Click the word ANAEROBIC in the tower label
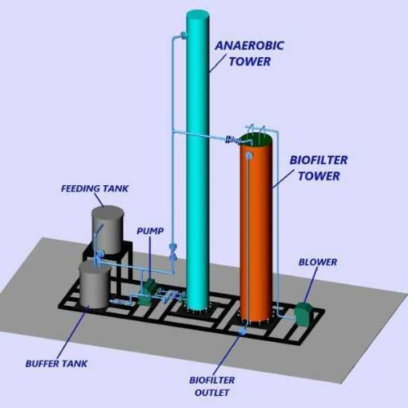click(250, 46)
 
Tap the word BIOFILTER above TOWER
click(318, 160)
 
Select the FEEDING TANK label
click(95, 188)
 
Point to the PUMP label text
click(150, 231)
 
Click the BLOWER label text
click(317, 262)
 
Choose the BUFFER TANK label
click(56, 364)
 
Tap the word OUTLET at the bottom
click(212, 392)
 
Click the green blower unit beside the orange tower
click(304, 313)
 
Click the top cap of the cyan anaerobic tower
click(197, 15)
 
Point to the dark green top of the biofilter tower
click(255, 139)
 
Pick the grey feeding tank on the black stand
click(108, 230)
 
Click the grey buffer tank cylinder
click(95, 284)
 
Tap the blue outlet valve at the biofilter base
click(242, 330)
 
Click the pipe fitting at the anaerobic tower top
click(183, 35)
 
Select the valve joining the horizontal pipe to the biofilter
click(231, 140)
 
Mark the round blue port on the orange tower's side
click(248, 156)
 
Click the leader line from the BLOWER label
click(311, 285)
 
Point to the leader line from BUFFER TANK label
click(73, 332)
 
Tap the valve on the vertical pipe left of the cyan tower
click(172, 251)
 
